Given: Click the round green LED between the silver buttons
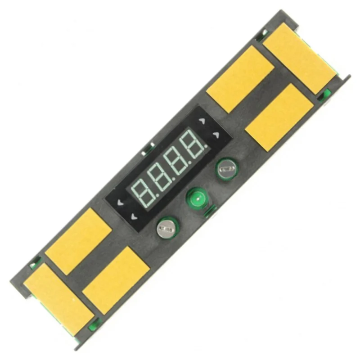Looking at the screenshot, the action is (198, 198).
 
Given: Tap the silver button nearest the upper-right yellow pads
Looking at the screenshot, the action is (227, 169).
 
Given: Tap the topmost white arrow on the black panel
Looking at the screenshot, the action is (202, 121).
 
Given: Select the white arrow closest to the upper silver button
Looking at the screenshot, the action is (216, 135).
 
